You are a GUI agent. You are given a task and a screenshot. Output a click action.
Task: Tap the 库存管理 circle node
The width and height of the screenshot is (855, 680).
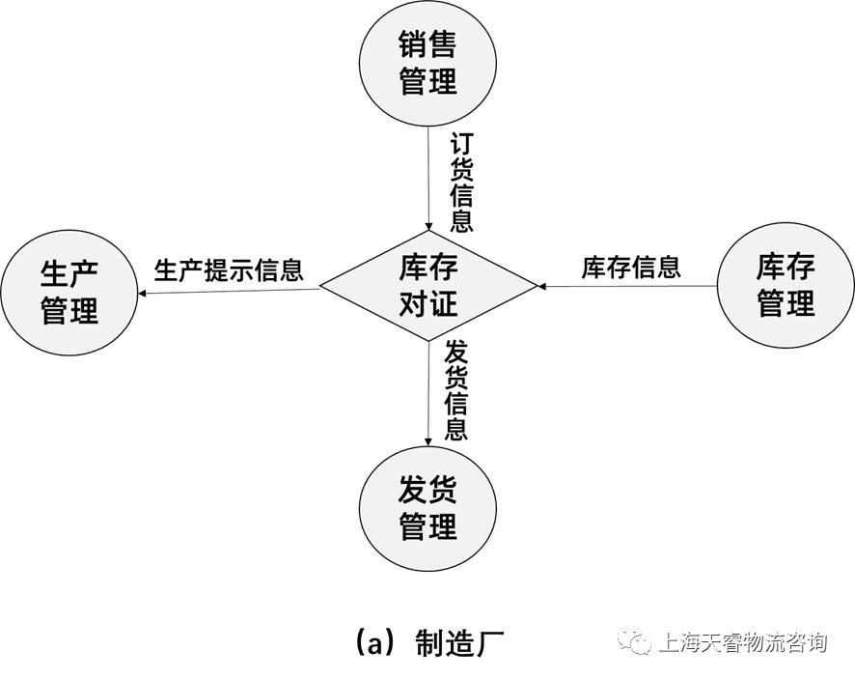786,286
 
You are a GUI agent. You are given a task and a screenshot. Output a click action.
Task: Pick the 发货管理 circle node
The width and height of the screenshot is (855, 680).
427,508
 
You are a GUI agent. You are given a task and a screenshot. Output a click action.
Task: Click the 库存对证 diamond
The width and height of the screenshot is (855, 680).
427,287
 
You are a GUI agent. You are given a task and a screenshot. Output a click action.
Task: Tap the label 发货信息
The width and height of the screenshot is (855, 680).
456,390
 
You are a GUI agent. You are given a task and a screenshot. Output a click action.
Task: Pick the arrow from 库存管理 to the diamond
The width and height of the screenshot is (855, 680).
627,286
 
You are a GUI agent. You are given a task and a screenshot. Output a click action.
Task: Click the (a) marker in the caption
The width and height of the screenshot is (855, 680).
377,641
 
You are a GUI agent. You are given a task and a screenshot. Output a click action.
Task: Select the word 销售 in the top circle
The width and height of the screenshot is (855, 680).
427,44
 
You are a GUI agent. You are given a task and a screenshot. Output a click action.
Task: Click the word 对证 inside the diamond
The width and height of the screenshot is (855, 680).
427,305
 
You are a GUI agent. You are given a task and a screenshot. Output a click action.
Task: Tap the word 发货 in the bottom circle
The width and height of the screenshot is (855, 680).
427,490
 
